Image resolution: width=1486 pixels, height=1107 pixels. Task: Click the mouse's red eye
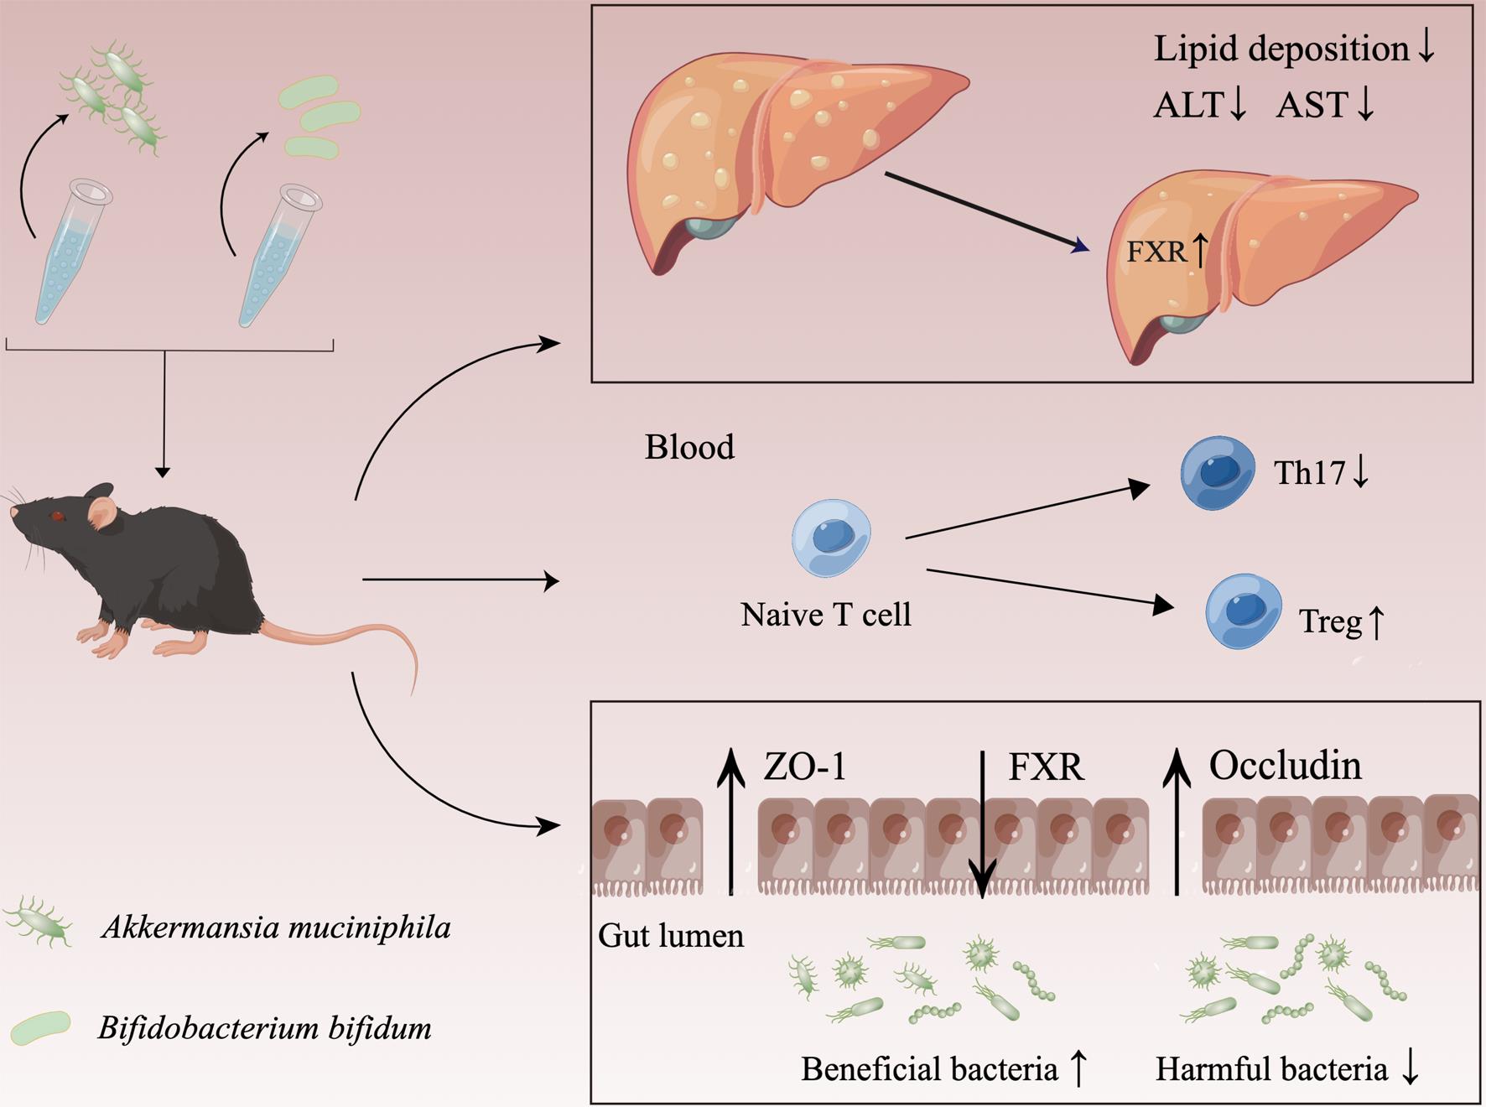[57, 516]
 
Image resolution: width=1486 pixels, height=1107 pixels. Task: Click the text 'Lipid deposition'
[1281, 49]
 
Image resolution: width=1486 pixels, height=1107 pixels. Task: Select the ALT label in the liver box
[1188, 106]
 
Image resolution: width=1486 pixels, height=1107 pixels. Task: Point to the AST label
[1312, 106]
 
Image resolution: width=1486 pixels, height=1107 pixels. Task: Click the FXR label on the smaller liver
[1156, 252]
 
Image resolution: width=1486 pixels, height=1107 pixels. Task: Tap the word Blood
[689, 447]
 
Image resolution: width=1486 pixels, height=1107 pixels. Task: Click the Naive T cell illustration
[831, 538]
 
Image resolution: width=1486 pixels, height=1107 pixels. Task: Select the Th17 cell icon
[1217, 473]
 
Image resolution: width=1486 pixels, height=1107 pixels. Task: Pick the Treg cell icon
[1243, 611]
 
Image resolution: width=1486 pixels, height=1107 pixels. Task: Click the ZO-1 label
[804, 767]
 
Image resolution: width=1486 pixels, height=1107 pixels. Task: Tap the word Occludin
[1285, 766]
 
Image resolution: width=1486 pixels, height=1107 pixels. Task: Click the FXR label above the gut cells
[1046, 767]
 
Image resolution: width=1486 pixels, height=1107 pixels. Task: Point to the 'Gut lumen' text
[670, 936]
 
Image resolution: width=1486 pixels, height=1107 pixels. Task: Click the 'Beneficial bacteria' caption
[928, 1069]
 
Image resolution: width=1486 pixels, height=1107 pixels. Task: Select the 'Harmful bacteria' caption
[1271, 1069]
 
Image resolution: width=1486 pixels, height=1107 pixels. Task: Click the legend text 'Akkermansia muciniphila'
[276, 928]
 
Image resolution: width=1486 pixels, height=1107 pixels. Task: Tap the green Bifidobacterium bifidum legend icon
[40, 1028]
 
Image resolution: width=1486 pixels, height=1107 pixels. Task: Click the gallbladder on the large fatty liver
[709, 225]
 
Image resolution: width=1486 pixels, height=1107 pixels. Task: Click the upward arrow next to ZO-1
[731, 822]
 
